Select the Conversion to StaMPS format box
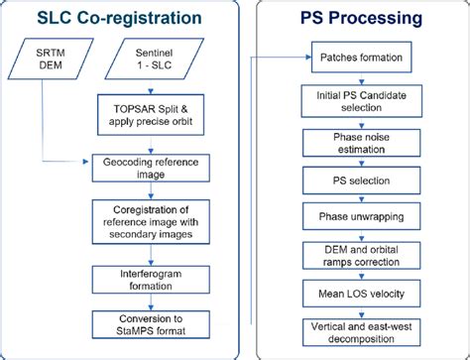153,323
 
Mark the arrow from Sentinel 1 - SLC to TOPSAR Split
153,87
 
